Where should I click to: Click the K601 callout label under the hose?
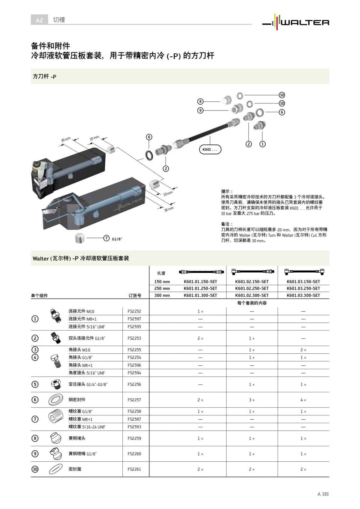pyautogui.click(x=210, y=149)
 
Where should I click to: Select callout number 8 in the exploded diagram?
pyautogui.click(x=200, y=101)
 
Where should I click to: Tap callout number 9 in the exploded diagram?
pyautogui.click(x=200, y=110)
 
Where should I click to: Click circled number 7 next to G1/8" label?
pyautogui.click(x=106, y=238)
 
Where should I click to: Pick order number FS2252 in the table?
pyautogui.click(x=134, y=311)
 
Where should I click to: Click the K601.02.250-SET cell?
pyautogui.click(x=252, y=289)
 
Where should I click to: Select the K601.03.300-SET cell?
pyautogui.click(x=303, y=295)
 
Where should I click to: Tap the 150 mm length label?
pyautogui.click(x=162, y=282)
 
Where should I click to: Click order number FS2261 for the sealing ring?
pyautogui.click(x=134, y=469)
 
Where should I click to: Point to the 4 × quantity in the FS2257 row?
pyautogui.click(x=303, y=400)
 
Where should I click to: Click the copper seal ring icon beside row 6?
pyautogui.click(x=55, y=400)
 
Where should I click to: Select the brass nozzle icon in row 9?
pyautogui.click(x=56, y=454)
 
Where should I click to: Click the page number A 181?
pyautogui.click(x=323, y=494)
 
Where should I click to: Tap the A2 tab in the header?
pyautogui.click(x=39, y=20)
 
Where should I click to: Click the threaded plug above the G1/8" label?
pyautogui.click(x=79, y=238)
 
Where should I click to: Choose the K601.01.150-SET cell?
pyautogui.click(x=200, y=282)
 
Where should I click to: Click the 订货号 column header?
pyautogui.click(x=135, y=296)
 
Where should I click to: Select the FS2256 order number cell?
pyautogui.click(x=134, y=384)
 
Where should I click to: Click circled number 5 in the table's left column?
pyautogui.click(x=35, y=384)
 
